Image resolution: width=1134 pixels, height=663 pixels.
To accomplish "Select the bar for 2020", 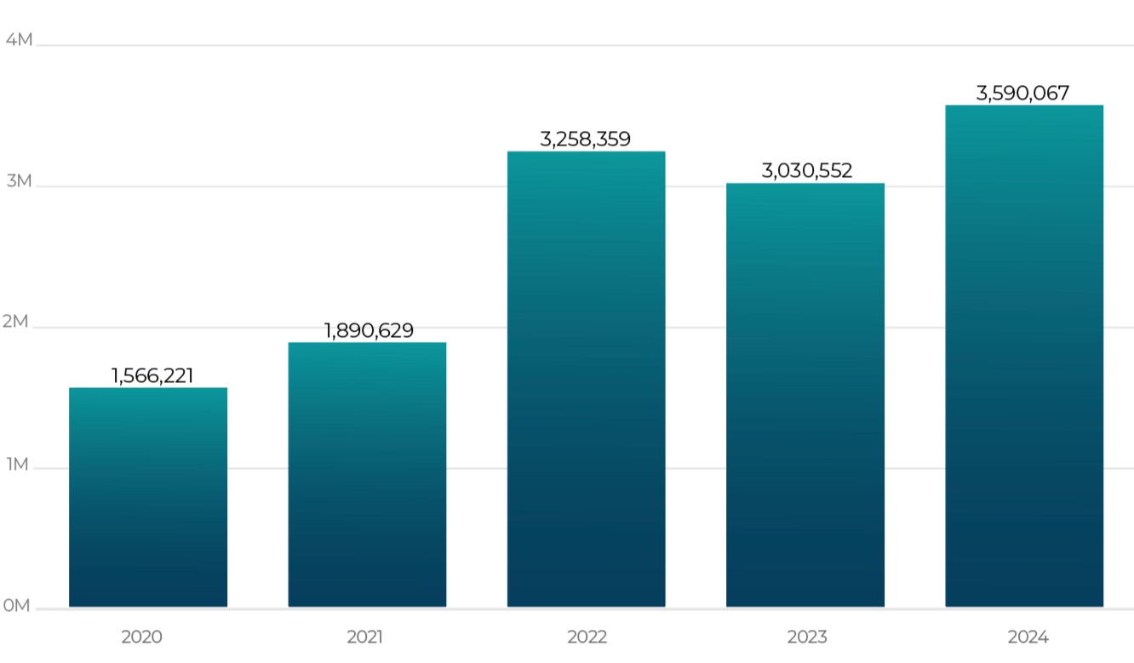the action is pos(148,497).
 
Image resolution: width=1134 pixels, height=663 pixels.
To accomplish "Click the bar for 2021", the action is pos(367,475).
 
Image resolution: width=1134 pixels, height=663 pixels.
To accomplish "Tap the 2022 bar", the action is pos(587,379).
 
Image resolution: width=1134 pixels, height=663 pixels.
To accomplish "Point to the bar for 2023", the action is pos(805,395).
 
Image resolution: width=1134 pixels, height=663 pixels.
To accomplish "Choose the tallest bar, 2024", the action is pos(1024,356).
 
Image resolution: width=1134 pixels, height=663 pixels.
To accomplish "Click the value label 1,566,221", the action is pos(152,376).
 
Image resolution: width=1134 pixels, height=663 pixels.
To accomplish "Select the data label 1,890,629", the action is pos(369,331).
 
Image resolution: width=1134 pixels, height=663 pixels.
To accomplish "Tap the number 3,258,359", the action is pos(585,140).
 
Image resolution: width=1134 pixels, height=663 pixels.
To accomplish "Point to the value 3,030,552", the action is pos(807,171).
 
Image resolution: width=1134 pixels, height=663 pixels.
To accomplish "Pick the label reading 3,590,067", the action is pos(1022,94).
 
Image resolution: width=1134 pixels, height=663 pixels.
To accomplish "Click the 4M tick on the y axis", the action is pos(20,39).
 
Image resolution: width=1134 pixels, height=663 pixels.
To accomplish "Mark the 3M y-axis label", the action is pos(20,180).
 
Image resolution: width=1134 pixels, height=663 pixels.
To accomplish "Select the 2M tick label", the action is pos(15,322).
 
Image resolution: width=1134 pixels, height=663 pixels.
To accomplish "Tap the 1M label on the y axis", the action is pos(17,464).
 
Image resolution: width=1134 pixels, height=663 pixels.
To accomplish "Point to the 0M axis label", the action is pos(16,605).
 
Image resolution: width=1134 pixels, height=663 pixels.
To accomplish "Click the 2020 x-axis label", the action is pos(141,637).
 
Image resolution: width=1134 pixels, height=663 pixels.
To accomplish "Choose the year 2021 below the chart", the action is pos(364,637).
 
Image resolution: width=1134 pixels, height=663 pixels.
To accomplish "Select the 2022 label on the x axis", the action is pos(587,637).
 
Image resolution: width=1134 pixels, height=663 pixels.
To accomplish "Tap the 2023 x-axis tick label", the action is pos(807,637).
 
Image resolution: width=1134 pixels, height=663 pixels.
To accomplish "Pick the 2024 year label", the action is pos(1028,637).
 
